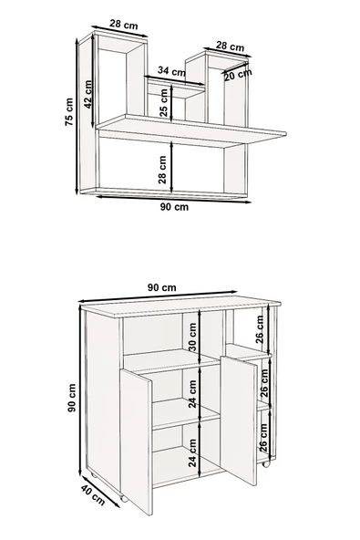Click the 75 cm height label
[x=69, y=111]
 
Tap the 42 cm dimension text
[x=88, y=94]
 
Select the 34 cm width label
[x=171, y=71]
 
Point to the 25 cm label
[x=164, y=103]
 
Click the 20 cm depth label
[x=238, y=75]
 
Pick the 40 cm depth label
[x=93, y=494]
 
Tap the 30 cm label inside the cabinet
[x=192, y=337]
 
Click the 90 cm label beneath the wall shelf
[x=174, y=207]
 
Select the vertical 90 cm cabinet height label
[x=72, y=398]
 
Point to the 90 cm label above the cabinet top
[x=161, y=287]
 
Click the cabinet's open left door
[x=136, y=441]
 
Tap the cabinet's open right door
[x=239, y=421]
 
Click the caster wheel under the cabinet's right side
[x=266, y=463]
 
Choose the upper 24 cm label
[x=192, y=394]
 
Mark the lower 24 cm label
[x=192, y=452]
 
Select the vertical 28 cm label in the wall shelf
[x=162, y=170]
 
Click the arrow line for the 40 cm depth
[x=101, y=492]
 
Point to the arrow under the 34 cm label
[x=175, y=80]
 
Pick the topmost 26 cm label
[x=260, y=329]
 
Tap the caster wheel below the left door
[x=124, y=498]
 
